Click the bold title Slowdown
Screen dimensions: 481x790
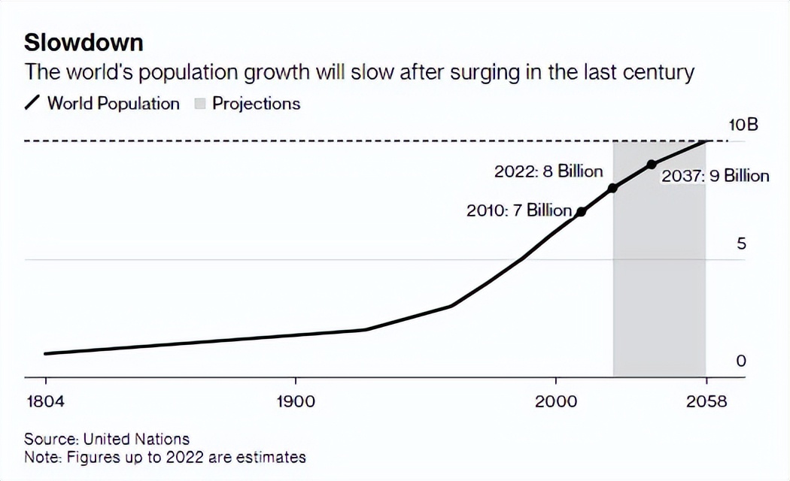[x=84, y=42]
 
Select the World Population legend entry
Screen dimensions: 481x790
[x=114, y=104]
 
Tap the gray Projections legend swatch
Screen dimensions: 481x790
[x=200, y=104]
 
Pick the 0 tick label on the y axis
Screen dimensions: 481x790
[x=741, y=362]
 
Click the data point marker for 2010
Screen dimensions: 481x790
[x=581, y=212]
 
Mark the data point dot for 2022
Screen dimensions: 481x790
[x=612, y=188]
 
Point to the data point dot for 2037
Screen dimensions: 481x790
[x=652, y=165]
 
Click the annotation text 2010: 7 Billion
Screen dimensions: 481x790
[x=519, y=210]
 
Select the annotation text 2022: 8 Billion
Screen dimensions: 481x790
[x=548, y=171]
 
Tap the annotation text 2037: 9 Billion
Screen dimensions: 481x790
[x=715, y=177]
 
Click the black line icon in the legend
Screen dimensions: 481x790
[x=33, y=104]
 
